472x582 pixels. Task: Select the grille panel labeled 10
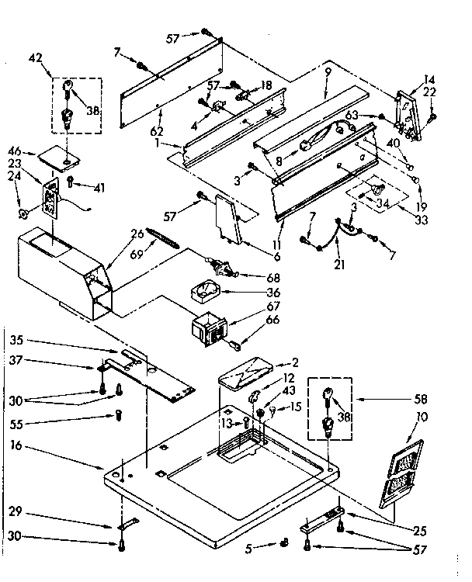(406, 474)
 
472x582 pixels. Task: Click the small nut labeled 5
(284, 541)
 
